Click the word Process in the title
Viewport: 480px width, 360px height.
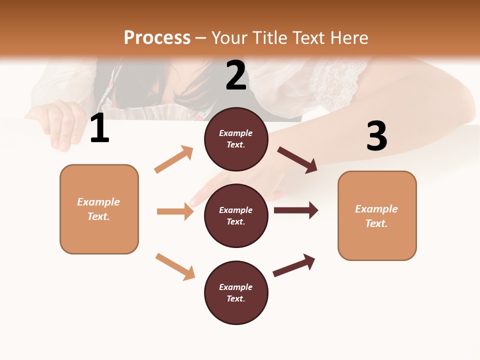[157, 38]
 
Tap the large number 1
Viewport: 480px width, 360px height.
[99, 128]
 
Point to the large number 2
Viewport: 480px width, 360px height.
[236, 75]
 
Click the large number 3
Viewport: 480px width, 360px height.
[376, 136]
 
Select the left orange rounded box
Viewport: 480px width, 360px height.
[99, 209]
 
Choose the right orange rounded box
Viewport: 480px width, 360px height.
[377, 216]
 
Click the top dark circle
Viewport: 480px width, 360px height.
[236, 139]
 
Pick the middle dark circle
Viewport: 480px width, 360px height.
[236, 216]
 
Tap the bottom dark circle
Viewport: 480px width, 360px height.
[236, 293]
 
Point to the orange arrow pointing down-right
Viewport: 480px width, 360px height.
[175, 266]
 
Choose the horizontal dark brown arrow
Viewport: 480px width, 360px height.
[296, 210]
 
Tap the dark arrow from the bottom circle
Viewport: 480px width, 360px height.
[294, 265]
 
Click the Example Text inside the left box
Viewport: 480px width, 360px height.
[98, 209]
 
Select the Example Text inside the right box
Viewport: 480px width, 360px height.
[376, 216]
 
